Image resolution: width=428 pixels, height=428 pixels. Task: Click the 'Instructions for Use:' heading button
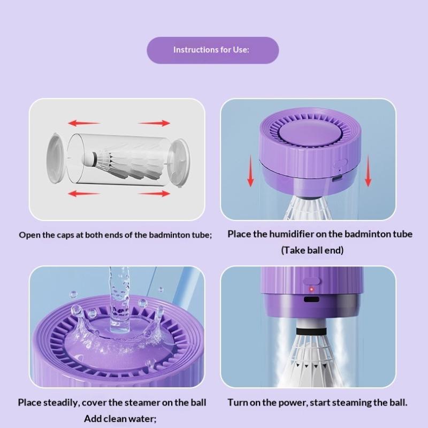(212, 50)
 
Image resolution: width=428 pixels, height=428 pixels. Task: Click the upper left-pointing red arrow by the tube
(84, 123)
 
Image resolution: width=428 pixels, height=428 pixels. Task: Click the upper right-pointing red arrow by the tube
(154, 123)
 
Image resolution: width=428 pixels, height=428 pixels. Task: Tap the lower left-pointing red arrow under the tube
(84, 194)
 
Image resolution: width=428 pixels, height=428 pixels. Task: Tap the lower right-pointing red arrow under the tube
(154, 194)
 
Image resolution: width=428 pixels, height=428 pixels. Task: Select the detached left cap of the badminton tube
(56, 158)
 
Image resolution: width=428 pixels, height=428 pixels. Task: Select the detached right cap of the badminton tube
(179, 163)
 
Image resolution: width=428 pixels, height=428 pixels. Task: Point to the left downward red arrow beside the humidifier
(250, 171)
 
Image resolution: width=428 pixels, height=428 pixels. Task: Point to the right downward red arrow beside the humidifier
(368, 171)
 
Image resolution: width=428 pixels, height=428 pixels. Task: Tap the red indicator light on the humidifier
(311, 289)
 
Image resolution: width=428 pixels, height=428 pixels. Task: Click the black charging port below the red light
(311, 299)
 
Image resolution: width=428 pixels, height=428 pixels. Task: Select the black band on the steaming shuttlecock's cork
(311, 331)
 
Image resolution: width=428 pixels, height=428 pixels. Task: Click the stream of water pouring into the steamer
(119, 300)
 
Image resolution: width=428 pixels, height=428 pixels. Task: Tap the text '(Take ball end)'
(312, 250)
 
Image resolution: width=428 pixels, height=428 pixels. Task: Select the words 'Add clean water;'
(120, 419)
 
